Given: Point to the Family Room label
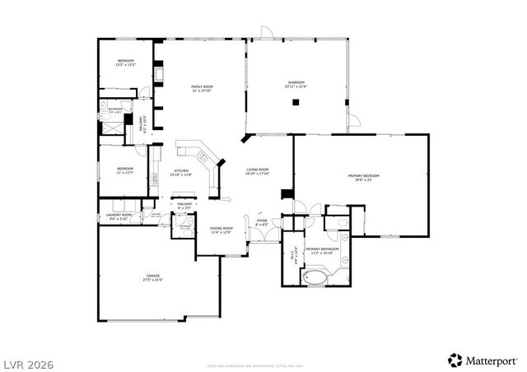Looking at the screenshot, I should (203, 88).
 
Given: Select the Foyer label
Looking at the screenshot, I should (262, 222).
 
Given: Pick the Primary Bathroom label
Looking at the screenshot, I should (323, 250).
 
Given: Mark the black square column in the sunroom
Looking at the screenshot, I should (296, 103).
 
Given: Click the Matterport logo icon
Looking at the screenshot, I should (454, 359).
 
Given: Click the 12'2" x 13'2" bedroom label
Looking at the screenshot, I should (126, 63).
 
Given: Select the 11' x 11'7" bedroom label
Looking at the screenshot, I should (125, 170).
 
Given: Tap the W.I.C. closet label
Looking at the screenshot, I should (293, 257).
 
